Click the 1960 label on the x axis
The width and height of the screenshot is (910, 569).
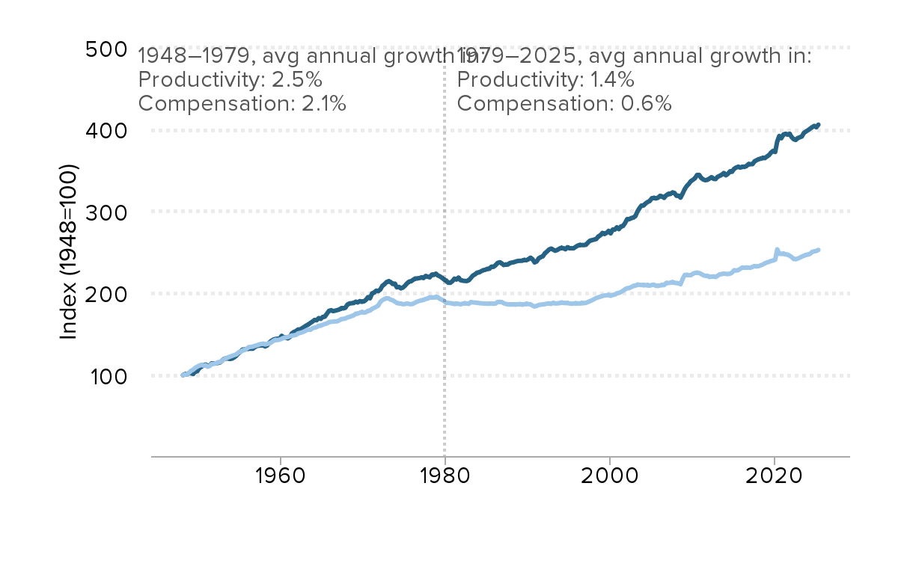pyautogui.click(x=280, y=479)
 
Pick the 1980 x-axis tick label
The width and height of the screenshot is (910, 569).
pyautogui.click(x=445, y=479)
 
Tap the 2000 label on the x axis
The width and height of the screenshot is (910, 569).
pyautogui.click(x=610, y=479)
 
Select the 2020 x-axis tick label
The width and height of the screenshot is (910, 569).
pyautogui.click(x=775, y=479)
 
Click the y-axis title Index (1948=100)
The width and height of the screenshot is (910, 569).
pyautogui.click(x=69, y=252)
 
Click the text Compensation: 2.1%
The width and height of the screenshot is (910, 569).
pyautogui.click(x=242, y=103)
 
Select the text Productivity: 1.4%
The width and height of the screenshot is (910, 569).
pyautogui.click(x=546, y=79)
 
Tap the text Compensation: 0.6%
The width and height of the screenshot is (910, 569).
pyautogui.click(x=564, y=103)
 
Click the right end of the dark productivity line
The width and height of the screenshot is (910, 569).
pyautogui.click(x=819, y=124)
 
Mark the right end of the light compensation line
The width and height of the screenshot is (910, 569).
pyautogui.click(x=819, y=250)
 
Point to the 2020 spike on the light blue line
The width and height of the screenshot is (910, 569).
pyautogui.click(x=777, y=250)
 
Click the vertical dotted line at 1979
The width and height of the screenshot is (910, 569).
pyautogui.click(x=445, y=299)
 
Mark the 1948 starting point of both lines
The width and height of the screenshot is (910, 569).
pyautogui.click(x=183, y=375)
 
